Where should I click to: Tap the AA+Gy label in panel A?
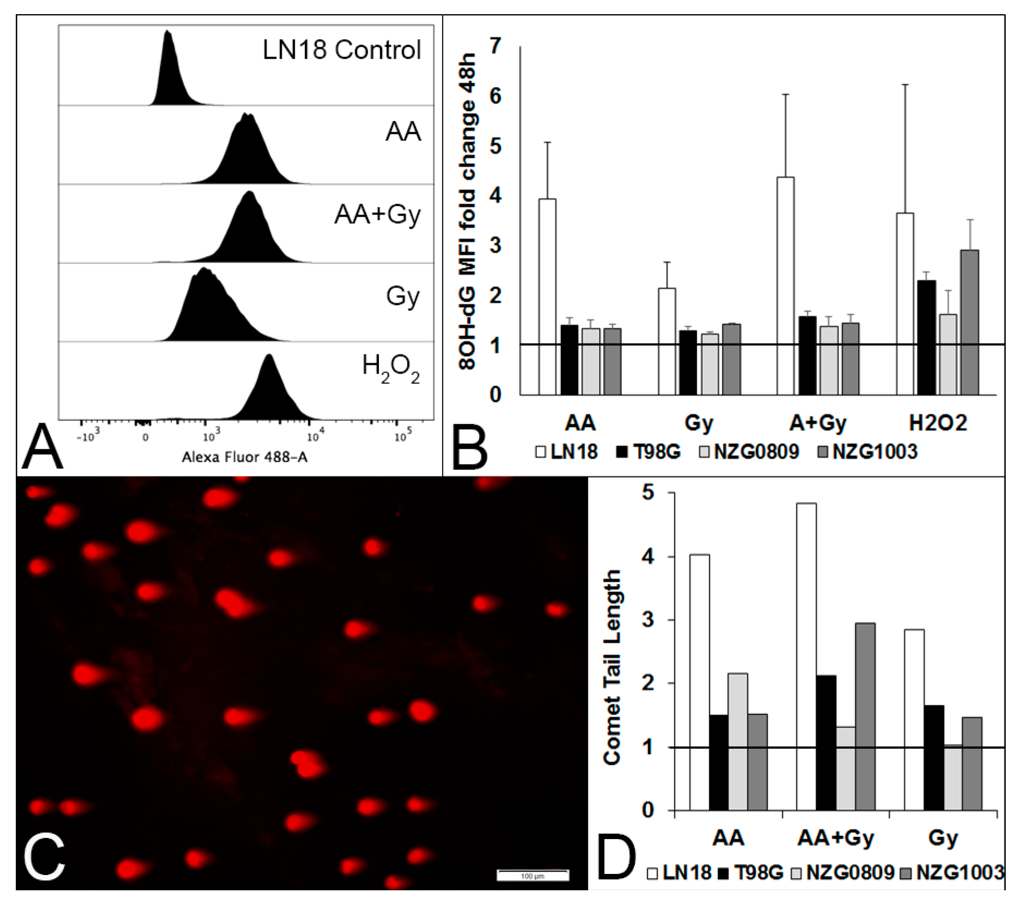(377, 215)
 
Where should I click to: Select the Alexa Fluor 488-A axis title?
(244, 458)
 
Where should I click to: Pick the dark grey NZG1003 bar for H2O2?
(970, 322)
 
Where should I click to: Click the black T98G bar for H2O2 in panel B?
(927, 338)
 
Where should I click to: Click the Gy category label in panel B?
(699, 423)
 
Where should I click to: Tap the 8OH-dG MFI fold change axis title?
(468, 212)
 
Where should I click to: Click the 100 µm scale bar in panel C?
(533, 875)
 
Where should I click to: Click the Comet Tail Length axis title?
(613, 668)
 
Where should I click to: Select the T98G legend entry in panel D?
(751, 873)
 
